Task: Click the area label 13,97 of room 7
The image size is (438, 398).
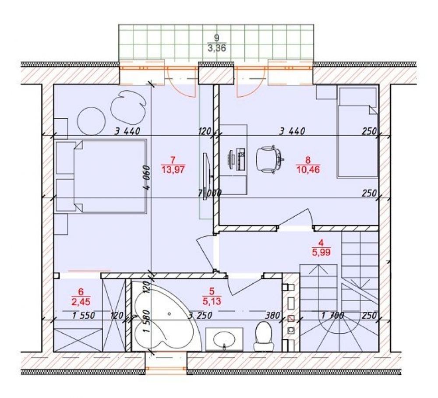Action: (x=173, y=169)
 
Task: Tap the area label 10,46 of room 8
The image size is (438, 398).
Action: (x=308, y=169)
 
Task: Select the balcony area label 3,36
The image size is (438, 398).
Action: (x=217, y=48)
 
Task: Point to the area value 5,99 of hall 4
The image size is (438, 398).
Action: (x=321, y=252)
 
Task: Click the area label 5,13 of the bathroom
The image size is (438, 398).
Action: (x=212, y=301)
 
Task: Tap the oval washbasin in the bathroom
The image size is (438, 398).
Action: (x=224, y=339)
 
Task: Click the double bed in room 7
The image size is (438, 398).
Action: (x=101, y=177)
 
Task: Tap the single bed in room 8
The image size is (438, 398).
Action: (x=357, y=132)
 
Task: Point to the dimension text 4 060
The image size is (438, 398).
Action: (x=147, y=178)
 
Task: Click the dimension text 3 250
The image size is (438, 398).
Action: (x=200, y=315)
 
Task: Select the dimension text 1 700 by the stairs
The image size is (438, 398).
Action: (x=332, y=316)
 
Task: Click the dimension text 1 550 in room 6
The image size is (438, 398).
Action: (x=84, y=315)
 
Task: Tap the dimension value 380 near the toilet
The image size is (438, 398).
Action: (x=272, y=315)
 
